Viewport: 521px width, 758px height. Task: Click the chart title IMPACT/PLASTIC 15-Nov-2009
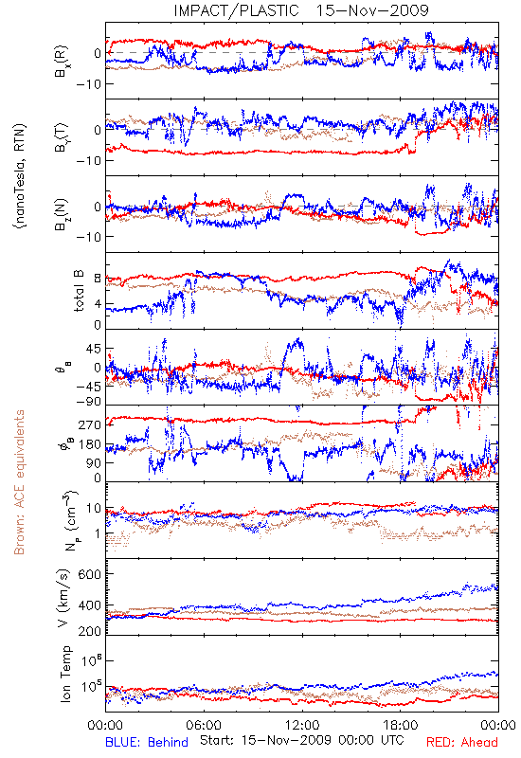pyautogui.click(x=300, y=10)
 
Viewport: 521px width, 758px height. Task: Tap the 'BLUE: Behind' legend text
pyautogui.click(x=147, y=742)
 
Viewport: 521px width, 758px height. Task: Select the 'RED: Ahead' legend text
pyautogui.click(x=461, y=742)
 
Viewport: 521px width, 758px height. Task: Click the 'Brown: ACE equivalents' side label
pyautogui.click(x=19, y=482)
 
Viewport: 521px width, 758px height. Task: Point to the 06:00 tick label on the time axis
pyautogui.click(x=204, y=725)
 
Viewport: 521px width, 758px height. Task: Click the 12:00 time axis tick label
pyautogui.click(x=302, y=725)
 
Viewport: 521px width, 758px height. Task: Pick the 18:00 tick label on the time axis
pyautogui.click(x=401, y=725)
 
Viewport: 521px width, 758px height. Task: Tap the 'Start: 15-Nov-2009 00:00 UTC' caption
pyautogui.click(x=301, y=740)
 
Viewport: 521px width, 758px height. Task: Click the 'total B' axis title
pyautogui.click(x=79, y=291)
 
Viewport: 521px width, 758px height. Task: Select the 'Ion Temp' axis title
pyautogui.click(x=66, y=674)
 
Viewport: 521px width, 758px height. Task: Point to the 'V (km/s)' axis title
pyautogui.click(x=64, y=598)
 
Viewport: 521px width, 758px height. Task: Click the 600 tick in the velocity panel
pyautogui.click(x=90, y=574)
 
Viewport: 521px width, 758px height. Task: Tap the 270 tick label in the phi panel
pyautogui.click(x=90, y=424)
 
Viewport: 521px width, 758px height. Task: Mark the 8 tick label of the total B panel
pyautogui.click(x=98, y=279)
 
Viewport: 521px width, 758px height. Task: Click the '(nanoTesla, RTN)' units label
pyautogui.click(x=20, y=176)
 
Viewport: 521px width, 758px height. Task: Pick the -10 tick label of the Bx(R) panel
pyautogui.click(x=88, y=84)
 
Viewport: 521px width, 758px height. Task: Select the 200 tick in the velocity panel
pyautogui.click(x=90, y=630)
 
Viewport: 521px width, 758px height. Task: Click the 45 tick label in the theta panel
pyautogui.click(x=94, y=349)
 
